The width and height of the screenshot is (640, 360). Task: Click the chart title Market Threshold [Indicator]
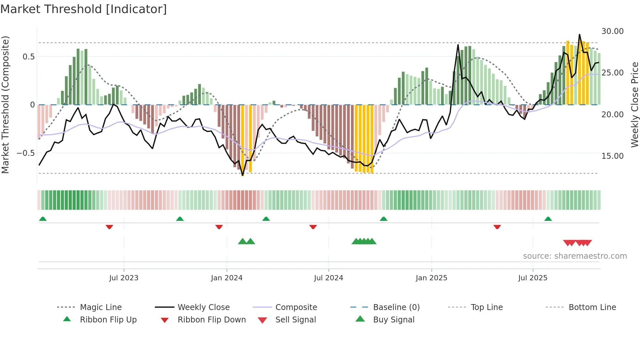tap(84, 9)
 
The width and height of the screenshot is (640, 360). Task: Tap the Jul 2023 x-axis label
tap(124, 278)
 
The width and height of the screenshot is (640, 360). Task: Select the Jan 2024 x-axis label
tap(227, 278)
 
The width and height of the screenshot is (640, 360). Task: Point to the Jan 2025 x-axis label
tap(431, 278)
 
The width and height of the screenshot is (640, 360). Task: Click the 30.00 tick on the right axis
tap(612, 31)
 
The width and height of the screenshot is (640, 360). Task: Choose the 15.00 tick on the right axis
tap(612, 156)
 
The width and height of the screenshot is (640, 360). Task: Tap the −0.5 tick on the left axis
tap(26, 153)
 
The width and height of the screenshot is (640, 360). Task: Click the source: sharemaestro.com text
tap(575, 256)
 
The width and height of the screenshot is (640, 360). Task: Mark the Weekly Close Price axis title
tap(634, 105)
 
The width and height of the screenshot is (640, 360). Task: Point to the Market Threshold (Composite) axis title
tap(5, 105)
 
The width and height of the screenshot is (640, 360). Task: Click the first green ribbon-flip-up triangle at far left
tap(43, 219)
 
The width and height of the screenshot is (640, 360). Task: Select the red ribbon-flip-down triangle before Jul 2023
tap(109, 227)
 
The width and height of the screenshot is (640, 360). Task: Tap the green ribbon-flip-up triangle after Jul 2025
tap(548, 219)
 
